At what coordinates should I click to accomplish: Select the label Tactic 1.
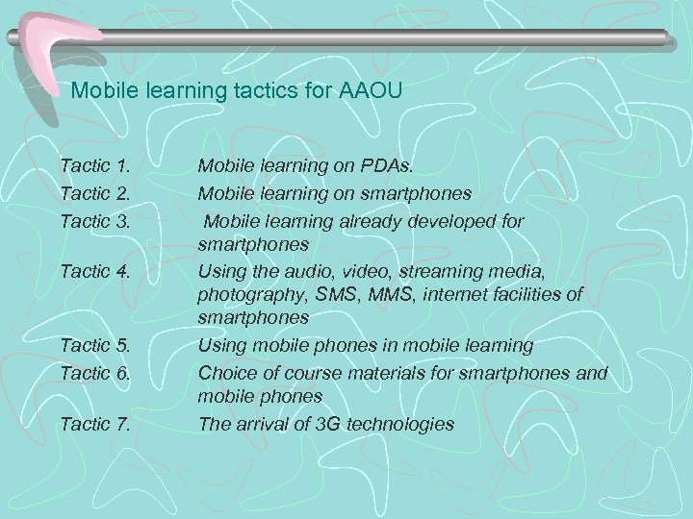pos(94,166)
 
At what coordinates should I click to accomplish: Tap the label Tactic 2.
pos(94,193)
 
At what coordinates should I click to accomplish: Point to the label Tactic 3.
pos(94,220)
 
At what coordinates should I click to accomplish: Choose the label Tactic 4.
pos(94,272)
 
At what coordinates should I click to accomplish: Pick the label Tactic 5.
pos(94,344)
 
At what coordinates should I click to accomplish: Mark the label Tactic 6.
pos(94,370)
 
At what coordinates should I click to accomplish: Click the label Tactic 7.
pos(94,422)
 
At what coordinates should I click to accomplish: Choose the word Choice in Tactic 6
pos(227,370)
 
